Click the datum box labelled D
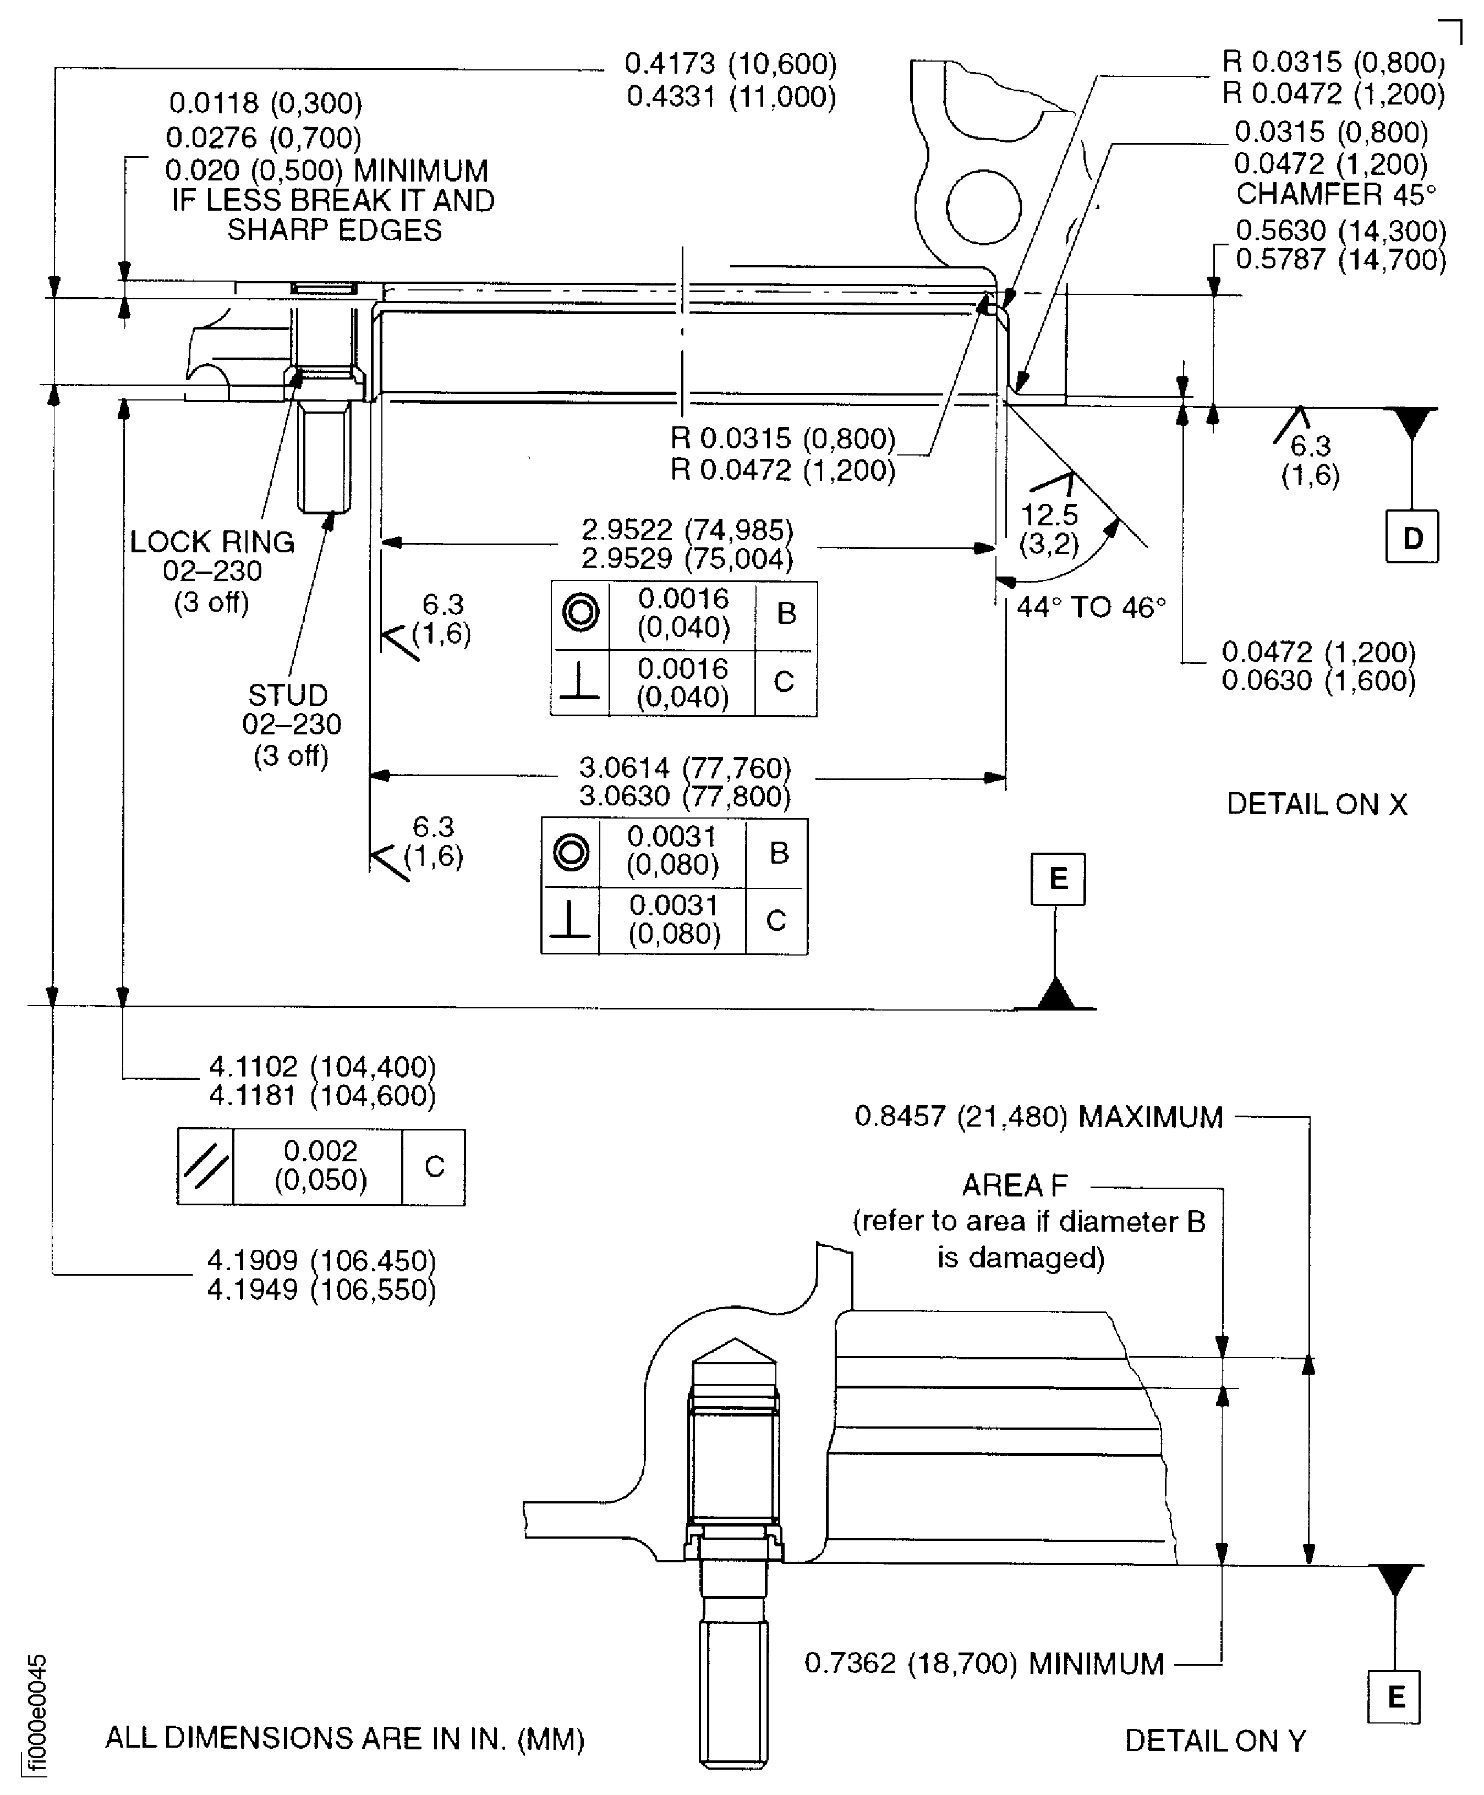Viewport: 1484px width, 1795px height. point(1411,537)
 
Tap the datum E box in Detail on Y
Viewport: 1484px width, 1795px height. point(1394,1697)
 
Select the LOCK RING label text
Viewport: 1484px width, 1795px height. point(212,542)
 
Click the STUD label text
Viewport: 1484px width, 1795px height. point(288,695)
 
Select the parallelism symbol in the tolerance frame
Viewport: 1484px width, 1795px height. point(205,1168)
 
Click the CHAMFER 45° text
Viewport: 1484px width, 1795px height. point(1335,195)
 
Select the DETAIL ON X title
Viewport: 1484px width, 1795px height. point(1316,804)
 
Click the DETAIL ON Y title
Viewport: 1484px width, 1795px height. point(1215,1741)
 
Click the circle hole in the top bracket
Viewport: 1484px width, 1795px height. point(984,207)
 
